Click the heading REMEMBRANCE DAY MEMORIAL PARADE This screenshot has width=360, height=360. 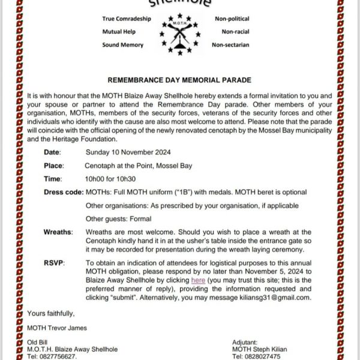click(x=179, y=80)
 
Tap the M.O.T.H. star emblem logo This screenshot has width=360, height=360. click(x=179, y=34)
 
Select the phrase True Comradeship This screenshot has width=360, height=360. click(x=125, y=19)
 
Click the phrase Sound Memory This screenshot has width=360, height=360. click(x=122, y=45)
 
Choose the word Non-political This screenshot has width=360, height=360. click(x=232, y=19)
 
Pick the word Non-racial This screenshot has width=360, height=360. click(x=235, y=32)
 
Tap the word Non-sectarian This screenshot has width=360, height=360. click(x=230, y=45)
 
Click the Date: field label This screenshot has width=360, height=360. click(x=52, y=152)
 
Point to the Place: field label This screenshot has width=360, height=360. click(x=53, y=166)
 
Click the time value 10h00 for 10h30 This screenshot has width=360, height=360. click(x=110, y=179)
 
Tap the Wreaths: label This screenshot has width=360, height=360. click(x=58, y=232)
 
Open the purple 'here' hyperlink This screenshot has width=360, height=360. click(x=198, y=280)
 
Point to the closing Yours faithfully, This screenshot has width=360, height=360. click(x=51, y=313)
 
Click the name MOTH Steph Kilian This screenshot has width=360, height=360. click(x=260, y=349)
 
